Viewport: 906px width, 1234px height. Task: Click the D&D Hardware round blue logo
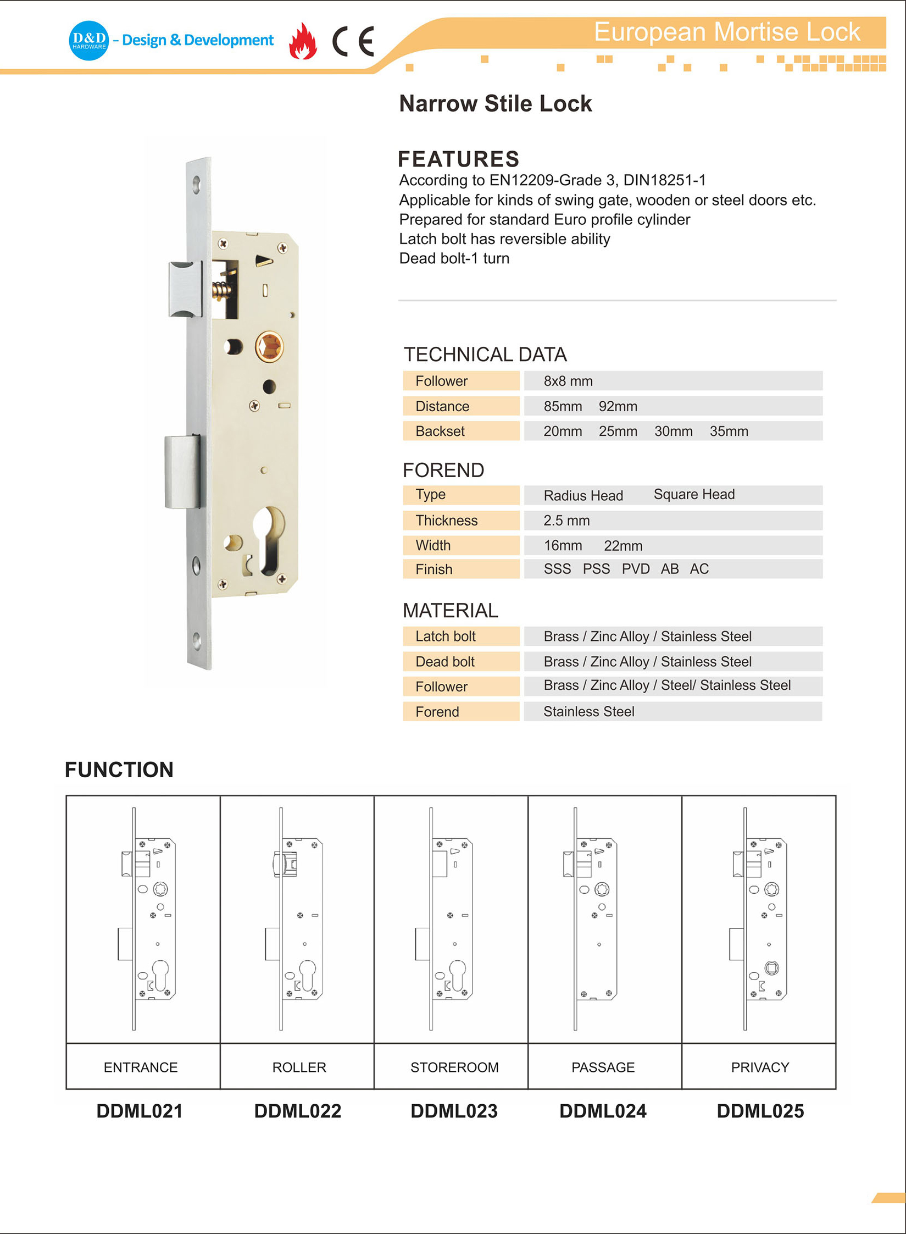point(88,40)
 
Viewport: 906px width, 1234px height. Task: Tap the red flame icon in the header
point(303,41)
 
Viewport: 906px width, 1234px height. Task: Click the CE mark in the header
point(353,41)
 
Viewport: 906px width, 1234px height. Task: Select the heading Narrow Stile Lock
point(495,103)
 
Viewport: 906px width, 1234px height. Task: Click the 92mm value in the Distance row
point(618,406)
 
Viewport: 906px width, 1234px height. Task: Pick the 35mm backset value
point(729,431)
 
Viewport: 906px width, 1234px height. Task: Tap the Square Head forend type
point(693,494)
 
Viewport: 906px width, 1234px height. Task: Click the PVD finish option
point(635,569)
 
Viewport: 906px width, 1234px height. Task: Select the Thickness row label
point(446,520)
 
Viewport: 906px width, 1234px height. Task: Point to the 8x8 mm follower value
point(568,381)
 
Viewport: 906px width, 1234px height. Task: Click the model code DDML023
point(454,1111)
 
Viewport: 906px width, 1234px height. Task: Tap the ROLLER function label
point(299,1067)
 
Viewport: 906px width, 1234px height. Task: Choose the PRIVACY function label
point(759,1067)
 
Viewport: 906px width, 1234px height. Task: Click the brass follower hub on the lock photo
point(269,347)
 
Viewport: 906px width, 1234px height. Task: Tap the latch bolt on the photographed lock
point(185,290)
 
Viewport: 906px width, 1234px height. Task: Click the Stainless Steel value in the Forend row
point(588,711)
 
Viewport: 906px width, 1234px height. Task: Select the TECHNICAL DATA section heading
point(485,355)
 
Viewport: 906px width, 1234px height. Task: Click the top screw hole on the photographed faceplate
point(197,184)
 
